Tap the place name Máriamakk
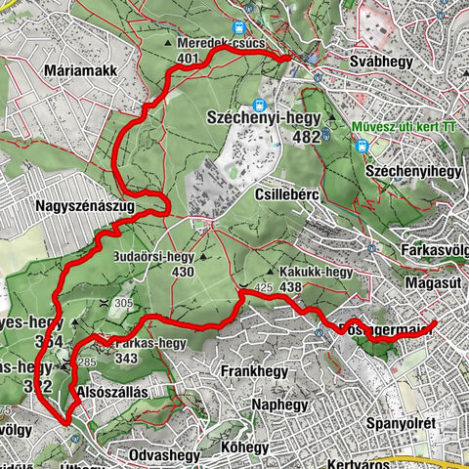[x=83, y=71]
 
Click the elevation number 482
[x=306, y=137]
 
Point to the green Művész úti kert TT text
[x=407, y=125]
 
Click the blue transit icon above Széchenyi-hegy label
[x=260, y=105]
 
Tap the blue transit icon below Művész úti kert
[x=362, y=147]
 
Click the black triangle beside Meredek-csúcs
[x=182, y=44]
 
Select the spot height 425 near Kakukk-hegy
[x=263, y=287]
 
